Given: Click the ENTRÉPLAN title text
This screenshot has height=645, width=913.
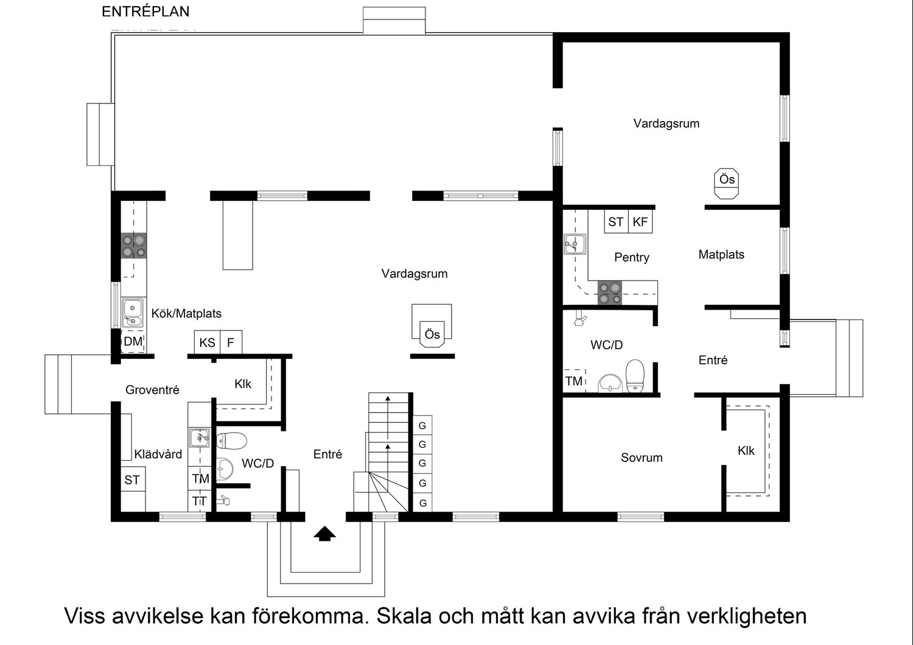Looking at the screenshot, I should click(145, 12).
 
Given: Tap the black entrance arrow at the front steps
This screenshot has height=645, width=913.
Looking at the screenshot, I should click(325, 534).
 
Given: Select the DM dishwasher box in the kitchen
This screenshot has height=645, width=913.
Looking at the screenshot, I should click(133, 342).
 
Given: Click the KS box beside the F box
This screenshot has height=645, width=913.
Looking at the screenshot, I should click(207, 343).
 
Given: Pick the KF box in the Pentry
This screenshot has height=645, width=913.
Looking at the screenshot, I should click(640, 222).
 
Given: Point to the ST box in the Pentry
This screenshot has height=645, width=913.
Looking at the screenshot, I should click(615, 222).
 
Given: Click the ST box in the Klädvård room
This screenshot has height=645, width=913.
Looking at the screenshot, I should click(132, 480).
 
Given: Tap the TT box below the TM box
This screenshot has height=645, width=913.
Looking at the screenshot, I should click(199, 501).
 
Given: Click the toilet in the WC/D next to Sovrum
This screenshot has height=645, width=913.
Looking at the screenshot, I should click(634, 375).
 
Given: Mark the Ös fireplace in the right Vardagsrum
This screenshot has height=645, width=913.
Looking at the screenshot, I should click(727, 183).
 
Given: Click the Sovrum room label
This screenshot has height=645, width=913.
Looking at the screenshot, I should click(642, 458).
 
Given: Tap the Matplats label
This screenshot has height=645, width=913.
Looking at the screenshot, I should click(721, 254).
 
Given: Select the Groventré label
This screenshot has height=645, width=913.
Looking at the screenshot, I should click(152, 390).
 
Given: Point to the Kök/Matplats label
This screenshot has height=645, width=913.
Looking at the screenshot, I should click(186, 314).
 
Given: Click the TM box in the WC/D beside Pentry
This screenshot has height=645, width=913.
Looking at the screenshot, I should click(573, 381).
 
